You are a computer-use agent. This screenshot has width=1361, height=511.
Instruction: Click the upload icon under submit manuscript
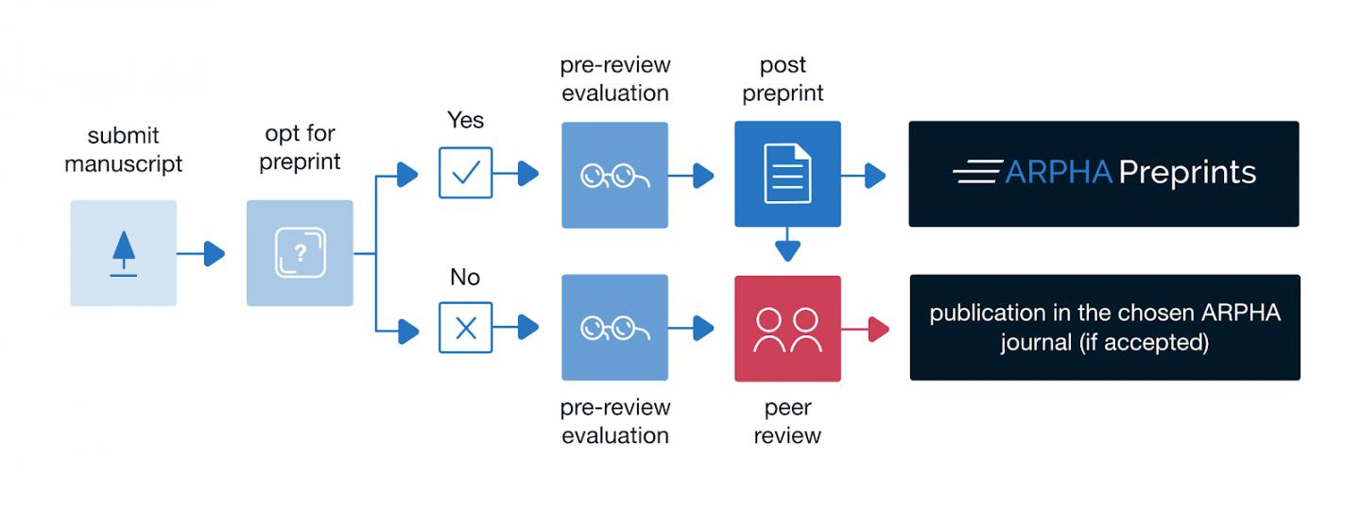click(123, 253)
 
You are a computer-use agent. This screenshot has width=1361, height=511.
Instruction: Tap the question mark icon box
click(300, 253)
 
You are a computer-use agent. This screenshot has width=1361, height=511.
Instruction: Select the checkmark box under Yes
click(466, 173)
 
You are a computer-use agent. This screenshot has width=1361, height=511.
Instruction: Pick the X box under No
click(466, 328)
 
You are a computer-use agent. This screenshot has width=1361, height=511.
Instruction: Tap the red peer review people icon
click(787, 329)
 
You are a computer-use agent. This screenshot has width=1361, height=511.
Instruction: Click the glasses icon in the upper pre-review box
click(614, 175)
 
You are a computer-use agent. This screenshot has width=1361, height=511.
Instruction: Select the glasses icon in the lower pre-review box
click(614, 329)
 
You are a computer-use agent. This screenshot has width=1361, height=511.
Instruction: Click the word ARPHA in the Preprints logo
click(1058, 173)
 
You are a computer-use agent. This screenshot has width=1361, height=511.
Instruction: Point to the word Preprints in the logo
click(1187, 173)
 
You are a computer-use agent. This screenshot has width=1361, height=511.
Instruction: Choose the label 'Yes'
click(465, 120)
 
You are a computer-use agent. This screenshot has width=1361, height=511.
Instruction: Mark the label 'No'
click(465, 277)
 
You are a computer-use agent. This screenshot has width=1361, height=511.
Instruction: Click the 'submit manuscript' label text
click(123, 149)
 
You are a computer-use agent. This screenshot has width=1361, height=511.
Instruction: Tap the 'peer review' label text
click(787, 421)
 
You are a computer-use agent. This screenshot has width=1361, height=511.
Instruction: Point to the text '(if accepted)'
click(1143, 342)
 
